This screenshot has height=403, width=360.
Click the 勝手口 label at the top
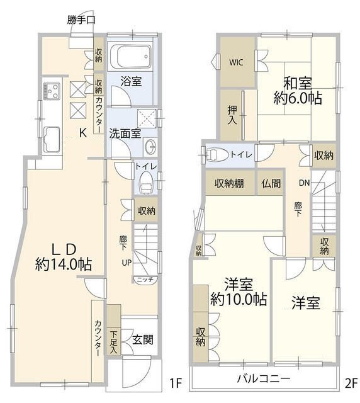(81, 20)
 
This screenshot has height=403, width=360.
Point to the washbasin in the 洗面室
(151, 147)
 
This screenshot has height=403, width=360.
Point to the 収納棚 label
(230, 184)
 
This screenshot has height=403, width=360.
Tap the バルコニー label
(263, 379)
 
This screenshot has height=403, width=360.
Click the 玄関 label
(142, 339)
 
